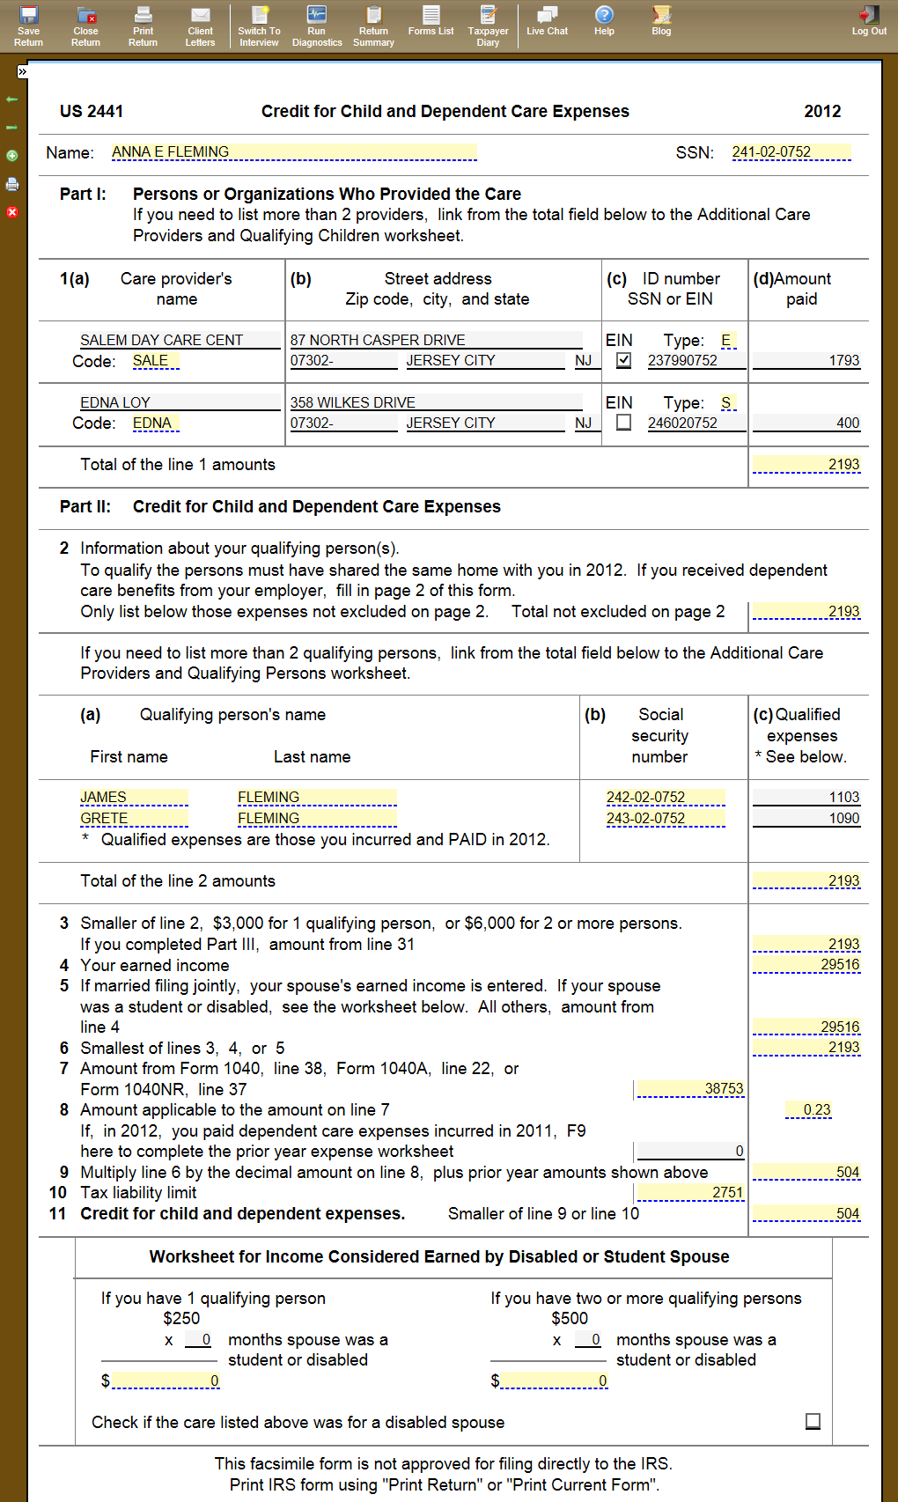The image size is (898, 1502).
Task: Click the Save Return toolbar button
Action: pyautogui.click(x=28, y=26)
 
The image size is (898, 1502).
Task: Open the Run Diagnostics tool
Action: pyautogui.click(x=317, y=26)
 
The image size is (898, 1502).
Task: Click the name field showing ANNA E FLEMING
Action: pyautogui.click(x=293, y=152)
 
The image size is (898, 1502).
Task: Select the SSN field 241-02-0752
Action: pyautogui.click(x=791, y=152)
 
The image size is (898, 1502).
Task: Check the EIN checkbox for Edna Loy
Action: pyautogui.click(x=623, y=423)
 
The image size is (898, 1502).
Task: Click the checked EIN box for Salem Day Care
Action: pyautogui.click(x=623, y=360)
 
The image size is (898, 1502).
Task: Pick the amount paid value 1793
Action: pyautogui.click(x=806, y=360)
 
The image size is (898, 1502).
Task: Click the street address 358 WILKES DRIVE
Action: pyautogui.click(x=436, y=402)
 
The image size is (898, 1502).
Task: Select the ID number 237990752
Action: pyautogui.click(x=696, y=360)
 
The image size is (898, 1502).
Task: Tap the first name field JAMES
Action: pyautogui.click(x=134, y=797)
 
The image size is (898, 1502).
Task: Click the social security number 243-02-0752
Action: pyautogui.click(x=665, y=818)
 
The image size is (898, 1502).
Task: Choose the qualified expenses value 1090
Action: pyautogui.click(x=806, y=818)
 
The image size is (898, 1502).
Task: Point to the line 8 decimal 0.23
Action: pyautogui.click(x=808, y=1109)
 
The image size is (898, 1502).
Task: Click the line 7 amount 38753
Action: pyautogui.click(x=690, y=1089)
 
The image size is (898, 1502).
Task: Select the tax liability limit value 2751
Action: pyautogui.click(x=690, y=1192)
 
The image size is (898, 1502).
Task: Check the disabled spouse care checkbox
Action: pyautogui.click(x=813, y=1422)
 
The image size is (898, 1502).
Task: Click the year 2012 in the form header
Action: pyautogui.click(x=822, y=111)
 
